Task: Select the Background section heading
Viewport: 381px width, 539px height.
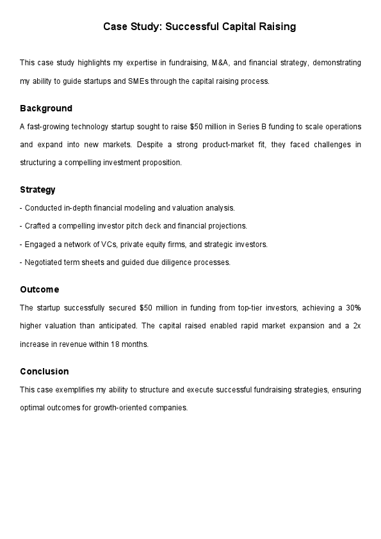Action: pyautogui.click(x=46, y=108)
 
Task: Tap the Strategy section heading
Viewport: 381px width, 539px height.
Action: pyautogui.click(x=38, y=189)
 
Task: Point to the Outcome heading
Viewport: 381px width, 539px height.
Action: pyautogui.click(x=39, y=289)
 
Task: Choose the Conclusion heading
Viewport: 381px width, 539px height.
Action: pyautogui.click(x=44, y=371)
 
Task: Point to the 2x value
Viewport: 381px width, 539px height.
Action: pyautogui.click(x=357, y=326)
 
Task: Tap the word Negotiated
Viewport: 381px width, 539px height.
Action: pyautogui.click(x=44, y=262)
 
